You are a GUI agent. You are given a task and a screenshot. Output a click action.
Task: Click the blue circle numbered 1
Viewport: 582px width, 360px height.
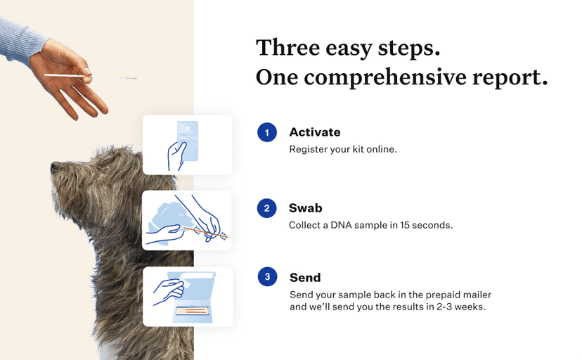(x=266, y=132)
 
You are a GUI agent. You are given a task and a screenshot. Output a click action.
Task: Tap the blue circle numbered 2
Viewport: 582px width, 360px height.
(x=266, y=208)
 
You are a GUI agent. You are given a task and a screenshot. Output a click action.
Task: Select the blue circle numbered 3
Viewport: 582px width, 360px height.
(x=266, y=277)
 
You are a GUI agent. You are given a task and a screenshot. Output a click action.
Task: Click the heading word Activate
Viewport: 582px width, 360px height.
(x=314, y=132)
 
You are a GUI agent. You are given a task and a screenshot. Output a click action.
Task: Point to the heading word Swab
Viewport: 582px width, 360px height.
(x=306, y=208)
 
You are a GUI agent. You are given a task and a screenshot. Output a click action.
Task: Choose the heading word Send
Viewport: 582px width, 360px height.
(x=305, y=277)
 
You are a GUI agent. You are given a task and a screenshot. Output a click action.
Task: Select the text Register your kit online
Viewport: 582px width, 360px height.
(x=343, y=150)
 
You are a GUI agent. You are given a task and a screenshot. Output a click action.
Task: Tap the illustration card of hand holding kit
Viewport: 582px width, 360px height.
(x=187, y=145)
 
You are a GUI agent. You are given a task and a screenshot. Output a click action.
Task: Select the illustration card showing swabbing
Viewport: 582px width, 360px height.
(x=187, y=220)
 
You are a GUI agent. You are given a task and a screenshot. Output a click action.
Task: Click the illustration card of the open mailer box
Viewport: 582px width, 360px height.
(x=187, y=296)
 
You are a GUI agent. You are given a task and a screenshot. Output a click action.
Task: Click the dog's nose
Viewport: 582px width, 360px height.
(x=54, y=168)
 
